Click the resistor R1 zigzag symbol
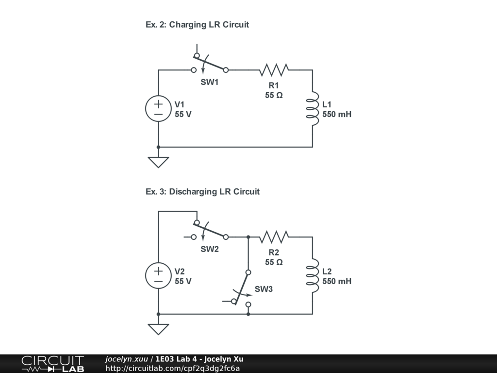coord(274,70)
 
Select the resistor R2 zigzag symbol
coord(274,237)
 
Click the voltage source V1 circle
coord(158,109)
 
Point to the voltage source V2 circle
coord(158,276)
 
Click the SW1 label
coord(210,83)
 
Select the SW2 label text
coord(210,250)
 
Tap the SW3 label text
coord(264,289)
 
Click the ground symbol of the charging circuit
coord(158,162)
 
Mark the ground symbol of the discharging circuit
coord(158,329)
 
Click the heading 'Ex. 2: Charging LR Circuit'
coord(197,25)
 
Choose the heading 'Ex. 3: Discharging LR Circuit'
coord(202,192)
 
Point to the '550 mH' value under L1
coord(337,115)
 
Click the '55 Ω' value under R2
coord(274,262)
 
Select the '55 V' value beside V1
coord(183,115)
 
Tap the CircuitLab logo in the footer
coord(52,364)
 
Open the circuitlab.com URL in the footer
coord(173,368)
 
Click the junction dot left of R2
coord(248,237)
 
